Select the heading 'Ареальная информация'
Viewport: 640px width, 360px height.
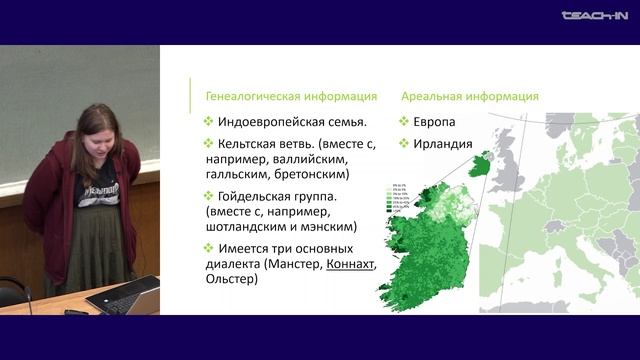[469, 96]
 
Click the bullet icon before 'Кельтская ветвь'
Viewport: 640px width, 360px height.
[208, 144]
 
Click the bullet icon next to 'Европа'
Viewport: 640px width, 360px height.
[406, 121]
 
